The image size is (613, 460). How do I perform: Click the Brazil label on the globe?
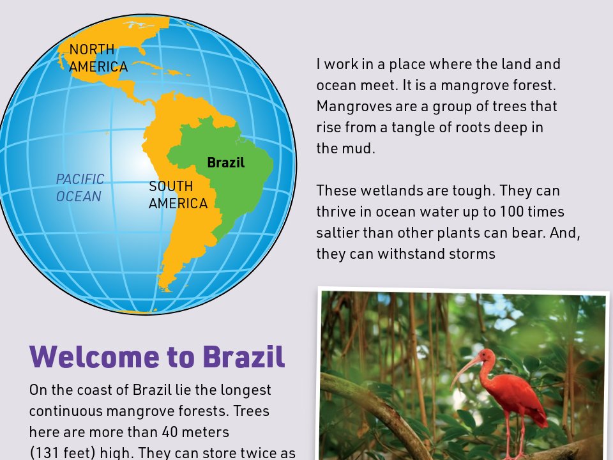(x=225, y=163)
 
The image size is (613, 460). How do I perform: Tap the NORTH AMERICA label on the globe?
(x=98, y=58)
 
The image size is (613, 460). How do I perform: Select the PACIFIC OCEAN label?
(x=79, y=188)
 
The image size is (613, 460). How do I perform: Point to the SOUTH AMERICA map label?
(x=178, y=195)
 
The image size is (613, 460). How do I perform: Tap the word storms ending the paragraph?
(x=473, y=254)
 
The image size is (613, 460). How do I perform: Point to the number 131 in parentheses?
(x=49, y=452)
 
